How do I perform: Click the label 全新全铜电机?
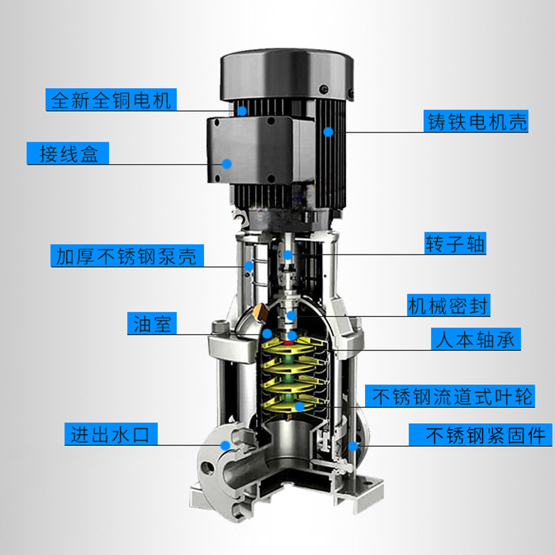[x=111, y=99]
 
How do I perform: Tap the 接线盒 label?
[x=68, y=153]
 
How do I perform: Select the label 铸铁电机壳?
[x=476, y=121]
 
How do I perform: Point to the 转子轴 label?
[x=455, y=244]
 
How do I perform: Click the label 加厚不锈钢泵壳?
[x=127, y=255]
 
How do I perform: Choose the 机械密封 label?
[x=448, y=305]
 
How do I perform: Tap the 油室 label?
[x=152, y=323]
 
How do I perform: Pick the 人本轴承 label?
[x=476, y=339]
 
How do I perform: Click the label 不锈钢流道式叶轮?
[x=450, y=396]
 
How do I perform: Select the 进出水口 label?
[x=111, y=434]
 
